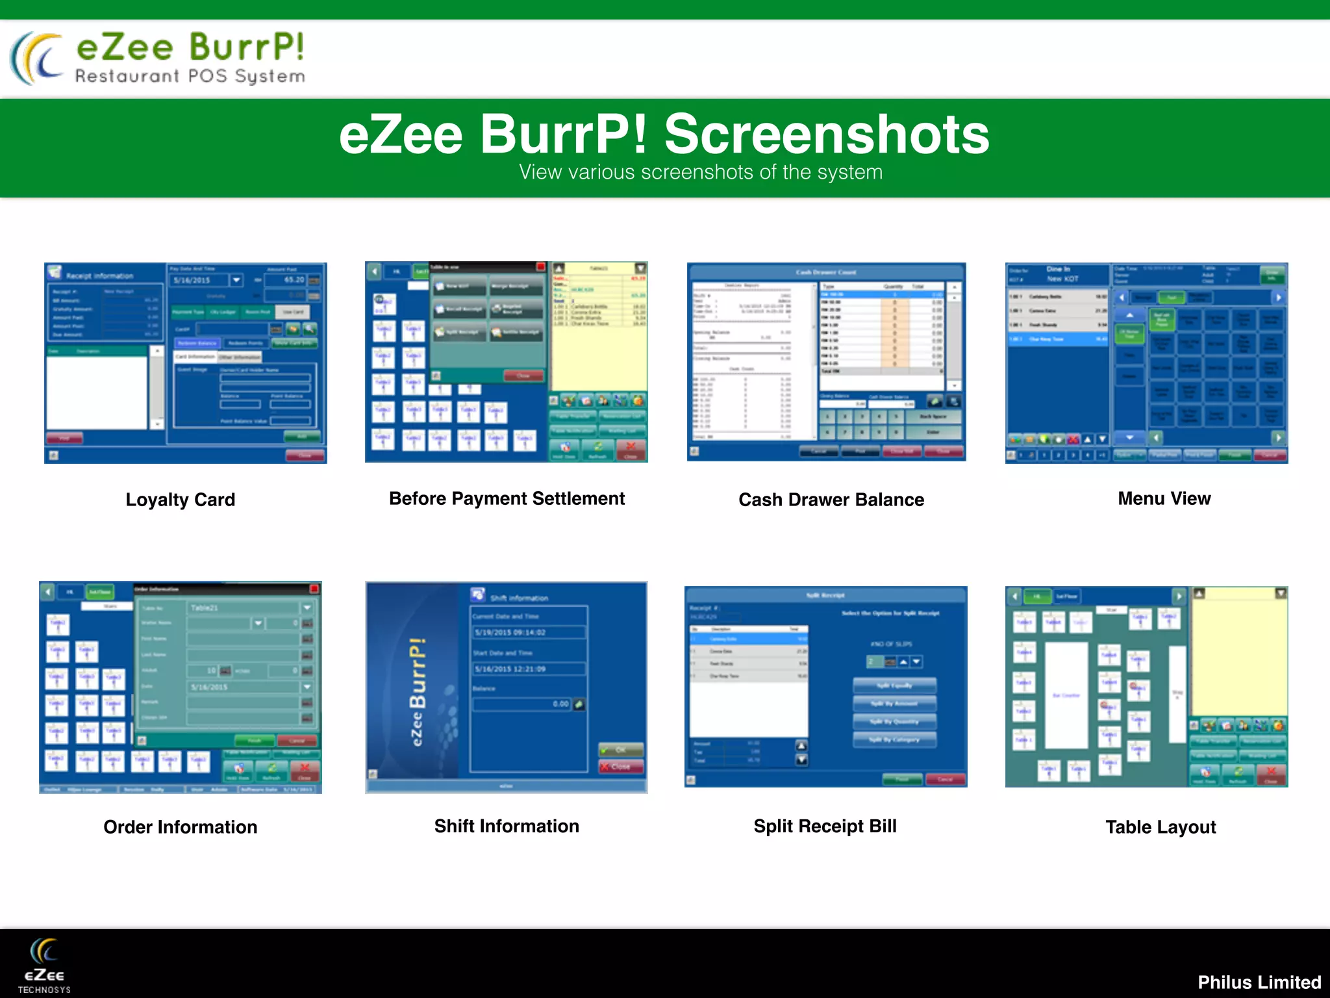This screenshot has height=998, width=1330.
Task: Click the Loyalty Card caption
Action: click(x=181, y=500)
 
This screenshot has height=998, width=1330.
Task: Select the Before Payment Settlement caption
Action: click(x=507, y=498)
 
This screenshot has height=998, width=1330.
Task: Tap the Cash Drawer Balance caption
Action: click(x=831, y=500)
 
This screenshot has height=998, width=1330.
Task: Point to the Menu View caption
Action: click(x=1164, y=498)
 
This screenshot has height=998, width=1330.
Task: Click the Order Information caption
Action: click(x=181, y=827)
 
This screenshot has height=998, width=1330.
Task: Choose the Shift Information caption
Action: click(x=507, y=826)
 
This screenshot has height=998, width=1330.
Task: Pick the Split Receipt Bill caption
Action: click(x=825, y=826)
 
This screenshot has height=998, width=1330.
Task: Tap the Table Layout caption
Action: click(x=1161, y=827)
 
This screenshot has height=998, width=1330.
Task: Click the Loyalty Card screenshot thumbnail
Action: click(x=186, y=363)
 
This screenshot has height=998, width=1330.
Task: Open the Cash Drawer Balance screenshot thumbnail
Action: click(x=826, y=362)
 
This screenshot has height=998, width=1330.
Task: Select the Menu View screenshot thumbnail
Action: click(x=1146, y=363)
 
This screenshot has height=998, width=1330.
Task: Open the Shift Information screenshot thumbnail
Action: click(x=507, y=687)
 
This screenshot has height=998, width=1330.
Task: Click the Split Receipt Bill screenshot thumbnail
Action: click(x=825, y=686)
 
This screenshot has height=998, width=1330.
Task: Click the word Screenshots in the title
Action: click(x=826, y=134)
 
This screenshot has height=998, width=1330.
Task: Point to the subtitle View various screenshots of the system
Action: click(x=701, y=172)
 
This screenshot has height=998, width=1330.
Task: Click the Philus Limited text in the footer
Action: click(x=1259, y=982)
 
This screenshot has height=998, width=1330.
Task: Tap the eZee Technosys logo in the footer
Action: click(x=44, y=966)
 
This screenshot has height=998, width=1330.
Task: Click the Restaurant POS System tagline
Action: click(x=190, y=77)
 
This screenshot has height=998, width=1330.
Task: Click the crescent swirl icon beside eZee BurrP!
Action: click(x=38, y=58)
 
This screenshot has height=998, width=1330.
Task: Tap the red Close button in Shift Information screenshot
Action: click(x=621, y=767)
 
